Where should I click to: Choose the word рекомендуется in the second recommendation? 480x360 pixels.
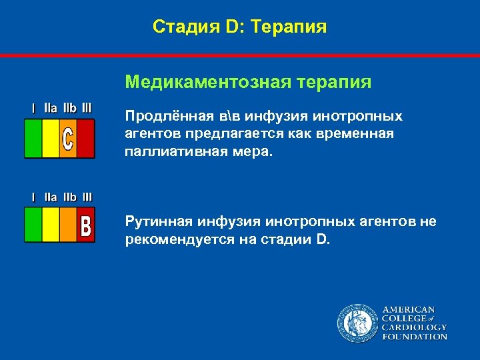[175, 239]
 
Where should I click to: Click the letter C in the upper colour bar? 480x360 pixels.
[68, 138]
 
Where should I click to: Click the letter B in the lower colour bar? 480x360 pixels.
[85, 225]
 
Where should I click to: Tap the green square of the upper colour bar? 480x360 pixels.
[33, 138]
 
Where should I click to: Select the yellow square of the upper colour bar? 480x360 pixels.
[51, 138]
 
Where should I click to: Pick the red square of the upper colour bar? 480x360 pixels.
[86, 138]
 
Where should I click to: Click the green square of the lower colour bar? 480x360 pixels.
[33, 225]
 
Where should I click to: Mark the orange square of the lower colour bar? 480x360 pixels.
[68, 225]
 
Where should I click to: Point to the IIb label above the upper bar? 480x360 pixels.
[69, 107]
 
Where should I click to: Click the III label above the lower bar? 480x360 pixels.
[87, 197]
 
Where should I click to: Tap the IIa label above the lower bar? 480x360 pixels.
[51, 197]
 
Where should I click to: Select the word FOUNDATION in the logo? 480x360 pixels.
[415, 337]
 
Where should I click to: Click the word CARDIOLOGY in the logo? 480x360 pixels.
[415, 327]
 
